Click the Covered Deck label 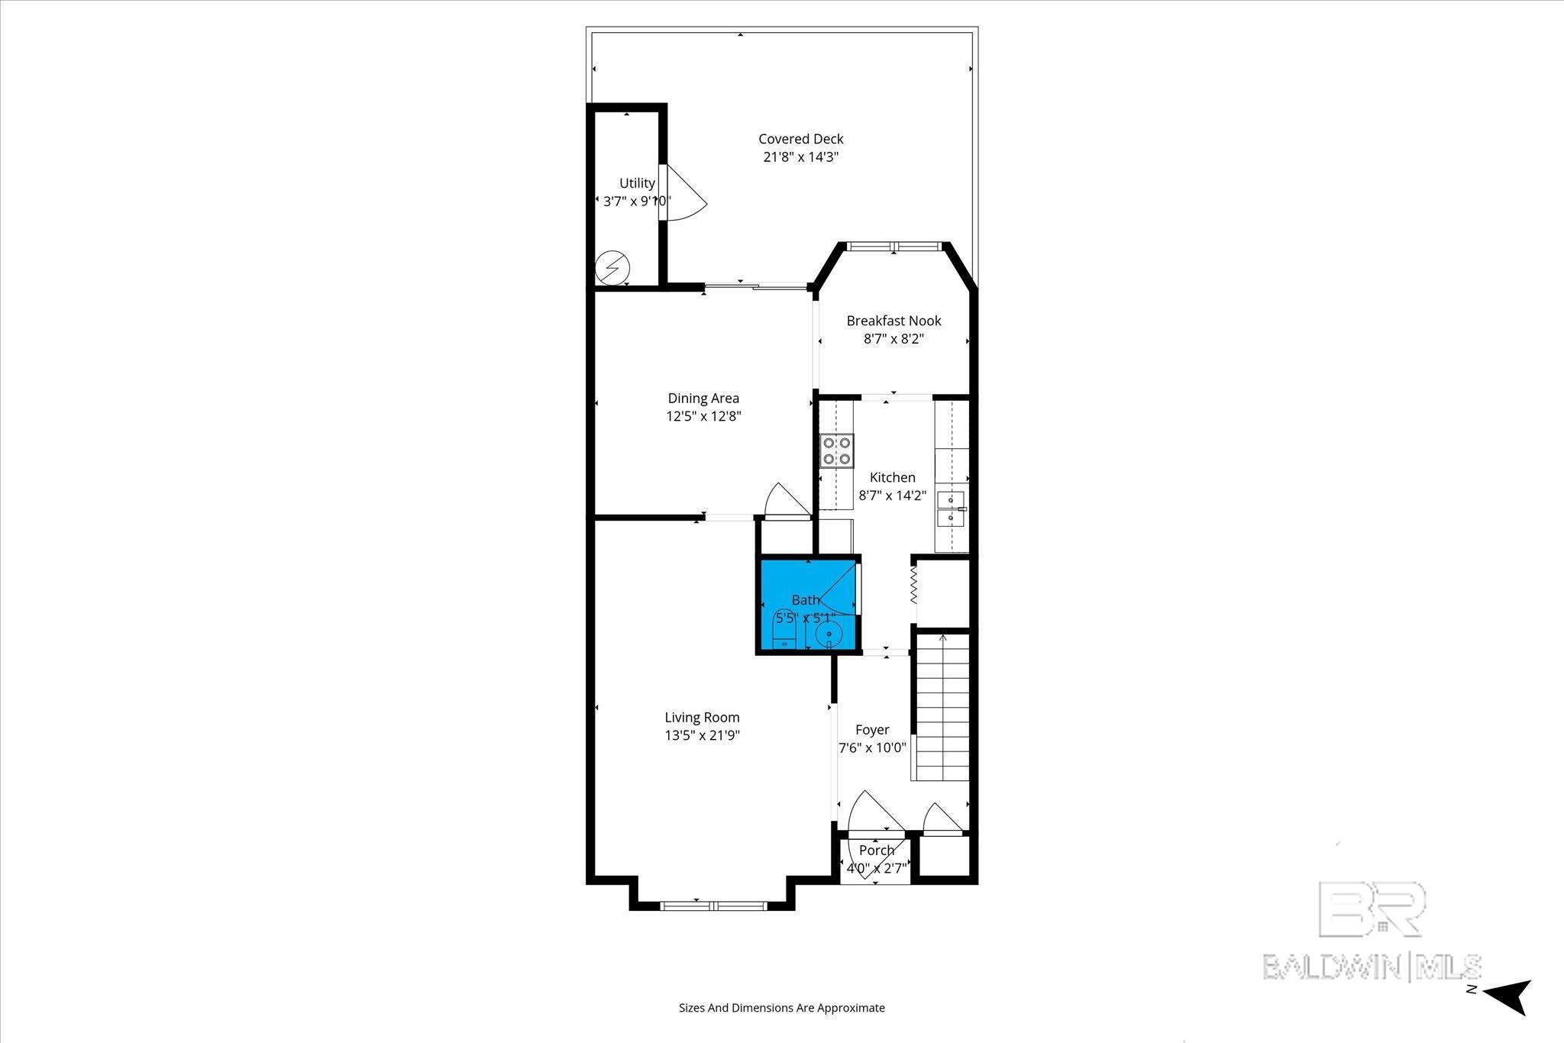coord(800,139)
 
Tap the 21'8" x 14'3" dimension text coord(801,157)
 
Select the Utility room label coord(637,183)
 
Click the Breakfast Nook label coord(893,321)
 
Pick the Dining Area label coord(703,398)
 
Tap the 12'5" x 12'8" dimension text coord(703,416)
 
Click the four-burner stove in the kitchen coord(836,450)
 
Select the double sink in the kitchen coord(951,509)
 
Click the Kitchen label coord(892,477)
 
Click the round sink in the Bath coord(829,634)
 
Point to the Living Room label coord(702,717)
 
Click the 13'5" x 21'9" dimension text coord(702,735)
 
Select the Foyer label coord(872,729)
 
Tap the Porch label coord(877,850)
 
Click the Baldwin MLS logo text coord(1372,966)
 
